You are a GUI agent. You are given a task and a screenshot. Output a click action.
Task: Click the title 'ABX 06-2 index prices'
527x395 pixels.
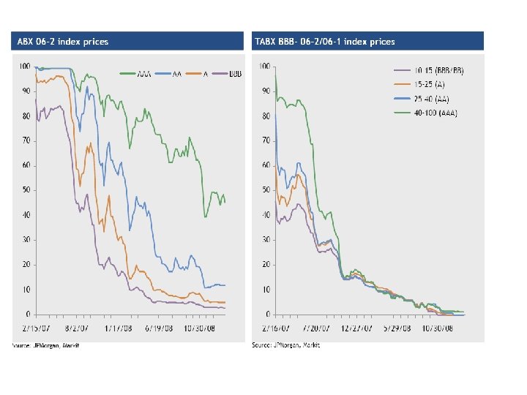click(x=63, y=42)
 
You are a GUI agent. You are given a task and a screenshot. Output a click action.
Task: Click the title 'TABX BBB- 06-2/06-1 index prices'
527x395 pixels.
click(x=325, y=42)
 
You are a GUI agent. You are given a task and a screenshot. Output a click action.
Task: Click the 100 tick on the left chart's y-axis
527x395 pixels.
click(x=25, y=67)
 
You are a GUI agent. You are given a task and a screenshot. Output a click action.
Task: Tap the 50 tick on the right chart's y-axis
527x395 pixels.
click(x=266, y=190)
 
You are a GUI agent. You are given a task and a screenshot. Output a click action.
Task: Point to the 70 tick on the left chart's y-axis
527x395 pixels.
click(x=26, y=140)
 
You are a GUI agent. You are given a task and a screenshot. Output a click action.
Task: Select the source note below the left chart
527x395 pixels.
click(x=45, y=345)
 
